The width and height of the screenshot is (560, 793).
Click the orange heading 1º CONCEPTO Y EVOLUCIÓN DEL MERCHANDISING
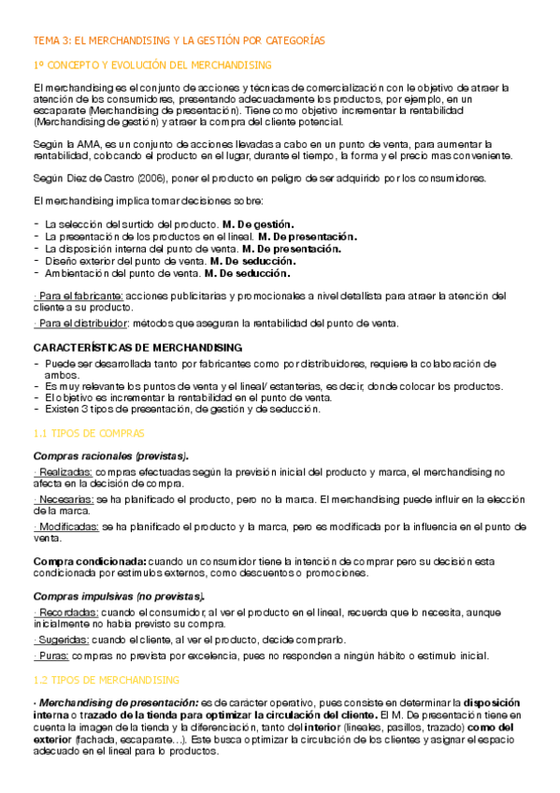click(151, 65)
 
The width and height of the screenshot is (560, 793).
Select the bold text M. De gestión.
click(258, 224)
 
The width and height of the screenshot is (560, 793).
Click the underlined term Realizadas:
click(65, 472)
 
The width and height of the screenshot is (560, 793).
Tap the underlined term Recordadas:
click(66, 612)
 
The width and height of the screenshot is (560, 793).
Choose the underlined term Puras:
click(54, 656)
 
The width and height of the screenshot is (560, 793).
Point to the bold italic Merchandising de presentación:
click(118, 702)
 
